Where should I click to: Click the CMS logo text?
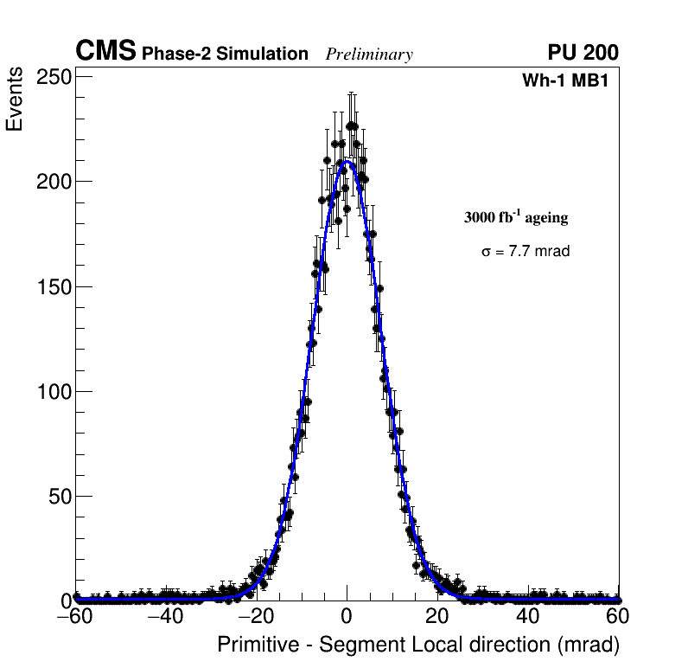105,52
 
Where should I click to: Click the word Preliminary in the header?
369,55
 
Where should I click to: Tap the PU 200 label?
583,53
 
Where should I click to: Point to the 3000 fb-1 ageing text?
516,217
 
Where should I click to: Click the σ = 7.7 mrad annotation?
525,252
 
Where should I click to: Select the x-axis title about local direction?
418,645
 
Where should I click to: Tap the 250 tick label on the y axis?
54,77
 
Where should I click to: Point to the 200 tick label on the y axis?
54,182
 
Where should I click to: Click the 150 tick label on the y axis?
54,286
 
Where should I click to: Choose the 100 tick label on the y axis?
54,392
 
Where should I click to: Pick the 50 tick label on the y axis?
59,497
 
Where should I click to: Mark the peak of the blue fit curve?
347,162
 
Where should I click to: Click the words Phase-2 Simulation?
225,55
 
